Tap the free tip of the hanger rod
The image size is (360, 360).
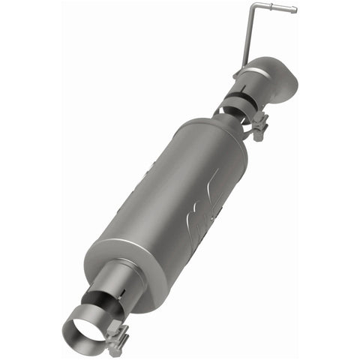click(x=295, y=10)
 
